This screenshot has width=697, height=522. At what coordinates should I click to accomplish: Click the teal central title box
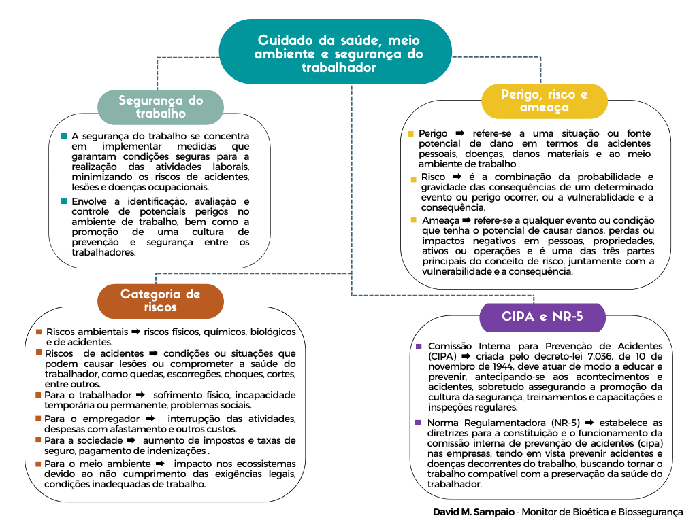(335, 53)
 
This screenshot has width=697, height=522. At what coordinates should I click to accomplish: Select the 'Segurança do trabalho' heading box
(161, 107)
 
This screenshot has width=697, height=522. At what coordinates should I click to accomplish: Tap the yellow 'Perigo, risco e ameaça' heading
(544, 101)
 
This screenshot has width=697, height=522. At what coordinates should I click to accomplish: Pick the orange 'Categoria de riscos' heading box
(160, 300)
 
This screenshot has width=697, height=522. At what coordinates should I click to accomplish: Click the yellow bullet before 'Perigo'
(410, 134)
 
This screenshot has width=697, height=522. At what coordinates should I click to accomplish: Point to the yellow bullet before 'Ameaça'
(414, 220)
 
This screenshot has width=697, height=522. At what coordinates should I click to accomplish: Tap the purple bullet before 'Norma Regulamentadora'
(418, 423)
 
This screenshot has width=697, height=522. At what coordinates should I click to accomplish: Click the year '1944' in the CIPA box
(495, 366)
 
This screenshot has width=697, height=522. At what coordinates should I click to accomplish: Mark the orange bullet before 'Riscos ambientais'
(39, 332)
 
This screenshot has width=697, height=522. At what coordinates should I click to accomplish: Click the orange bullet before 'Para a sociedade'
(39, 440)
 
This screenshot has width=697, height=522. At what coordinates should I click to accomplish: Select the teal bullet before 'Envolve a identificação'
(64, 201)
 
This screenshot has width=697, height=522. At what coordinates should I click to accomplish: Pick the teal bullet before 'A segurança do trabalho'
(64, 136)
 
